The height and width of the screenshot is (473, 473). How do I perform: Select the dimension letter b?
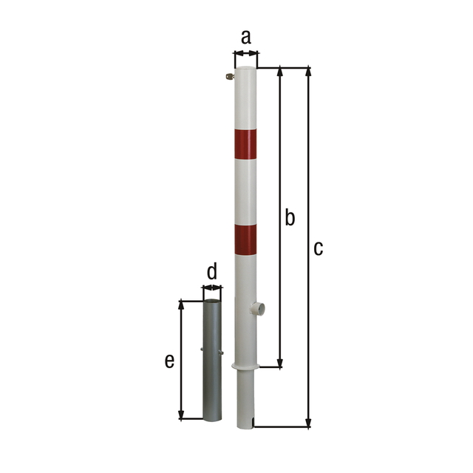click(x=290, y=217)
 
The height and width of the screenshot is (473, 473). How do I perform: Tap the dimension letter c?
click(x=318, y=248)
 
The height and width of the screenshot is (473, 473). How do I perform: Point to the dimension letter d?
click(x=212, y=271)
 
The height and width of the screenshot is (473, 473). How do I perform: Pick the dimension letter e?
click(x=169, y=361)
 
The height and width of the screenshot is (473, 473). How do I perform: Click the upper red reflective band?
click(x=246, y=144)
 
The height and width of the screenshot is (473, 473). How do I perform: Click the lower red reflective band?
click(x=246, y=240)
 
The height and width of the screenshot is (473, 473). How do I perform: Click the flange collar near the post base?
click(x=246, y=366)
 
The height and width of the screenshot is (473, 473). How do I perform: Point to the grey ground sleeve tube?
click(x=211, y=362)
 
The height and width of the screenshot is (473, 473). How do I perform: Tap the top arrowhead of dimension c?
click(x=308, y=71)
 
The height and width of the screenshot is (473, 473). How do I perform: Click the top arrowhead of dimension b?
click(x=280, y=71)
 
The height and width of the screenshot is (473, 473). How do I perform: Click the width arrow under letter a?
click(x=246, y=53)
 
